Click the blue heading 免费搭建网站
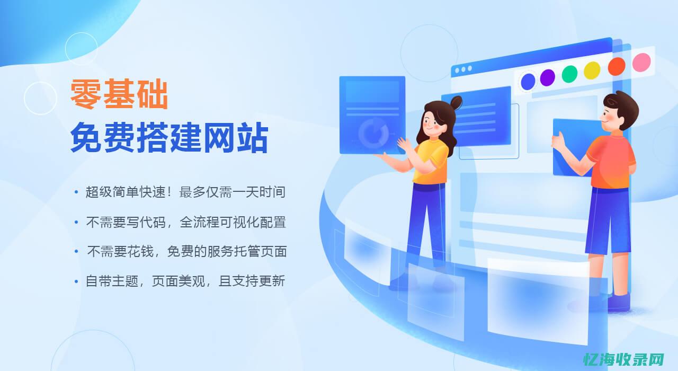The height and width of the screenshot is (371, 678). click(x=169, y=138)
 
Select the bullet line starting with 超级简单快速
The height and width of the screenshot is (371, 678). click(x=185, y=192)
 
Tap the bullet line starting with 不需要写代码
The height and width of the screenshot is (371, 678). click(x=186, y=222)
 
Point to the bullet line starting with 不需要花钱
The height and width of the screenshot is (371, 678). click(x=186, y=252)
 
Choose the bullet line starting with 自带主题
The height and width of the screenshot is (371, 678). click(x=185, y=281)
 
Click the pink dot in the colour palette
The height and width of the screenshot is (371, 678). click(x=641, y=63)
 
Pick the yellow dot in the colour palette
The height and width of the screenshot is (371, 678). click(x=592, y=70)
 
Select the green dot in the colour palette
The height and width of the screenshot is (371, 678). click(x=569, y=74)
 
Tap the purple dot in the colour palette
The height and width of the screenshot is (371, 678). click(x=547, y=78)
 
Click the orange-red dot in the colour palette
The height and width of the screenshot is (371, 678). click(x=617, y=66)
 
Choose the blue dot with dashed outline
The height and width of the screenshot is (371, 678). click(x=528, y=82)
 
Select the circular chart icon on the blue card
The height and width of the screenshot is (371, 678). click(x=373, y=133)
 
